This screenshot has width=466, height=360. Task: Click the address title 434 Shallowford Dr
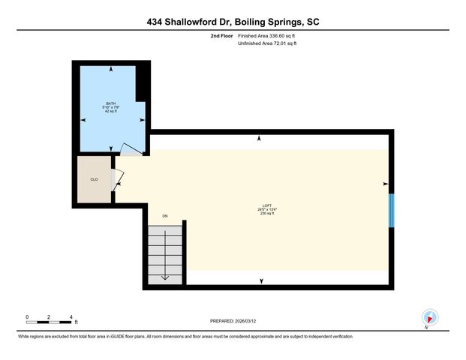(x=233, y=22)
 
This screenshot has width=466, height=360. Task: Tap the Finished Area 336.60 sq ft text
(x=266, y=35)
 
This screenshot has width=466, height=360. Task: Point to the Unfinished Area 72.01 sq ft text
(x=267, y=44)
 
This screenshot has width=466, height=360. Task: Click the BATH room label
(x=111, y=103)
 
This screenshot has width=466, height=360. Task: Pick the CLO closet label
(x=94, y=179)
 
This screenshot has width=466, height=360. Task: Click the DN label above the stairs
(x=165, y=217)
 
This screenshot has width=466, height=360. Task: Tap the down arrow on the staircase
(x=164, y=276)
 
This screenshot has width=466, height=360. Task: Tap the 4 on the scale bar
(x=71, y=316)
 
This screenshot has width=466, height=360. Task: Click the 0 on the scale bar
(x=27, y=316)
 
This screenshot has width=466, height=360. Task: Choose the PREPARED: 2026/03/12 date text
(x=233, y=320)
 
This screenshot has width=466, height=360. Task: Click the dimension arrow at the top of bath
(x=111, y=69)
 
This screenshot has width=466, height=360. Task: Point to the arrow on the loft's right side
(x=386, y=184)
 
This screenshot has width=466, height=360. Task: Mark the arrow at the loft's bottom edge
(x=261, y=281)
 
